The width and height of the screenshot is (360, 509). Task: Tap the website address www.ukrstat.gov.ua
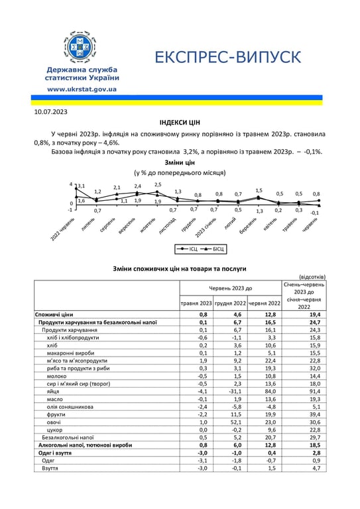82,89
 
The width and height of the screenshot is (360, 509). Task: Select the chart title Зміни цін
179,162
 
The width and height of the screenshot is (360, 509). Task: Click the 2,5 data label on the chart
158,185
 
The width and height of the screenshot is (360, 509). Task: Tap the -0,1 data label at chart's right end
314,213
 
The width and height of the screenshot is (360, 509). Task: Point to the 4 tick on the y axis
71,185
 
